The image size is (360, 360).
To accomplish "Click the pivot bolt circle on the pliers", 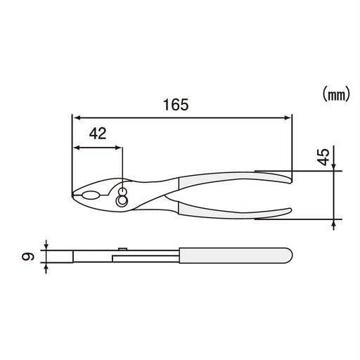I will (x=123, y=200).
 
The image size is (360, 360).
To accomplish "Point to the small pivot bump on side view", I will (x=124, y=247).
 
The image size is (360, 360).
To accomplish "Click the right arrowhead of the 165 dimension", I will (x=287, y=117).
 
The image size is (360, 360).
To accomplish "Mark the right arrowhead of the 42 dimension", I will (x=120, y=148).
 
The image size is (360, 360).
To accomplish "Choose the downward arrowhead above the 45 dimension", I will (x=333, y=167).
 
